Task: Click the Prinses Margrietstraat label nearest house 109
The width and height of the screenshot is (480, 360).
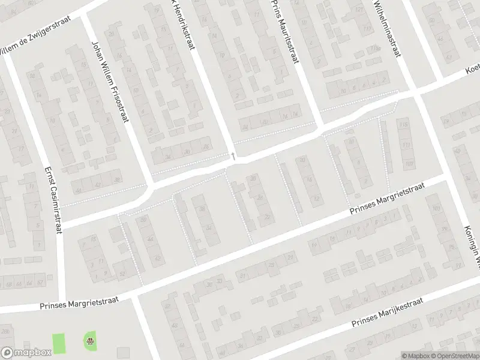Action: click(x=388, y=199)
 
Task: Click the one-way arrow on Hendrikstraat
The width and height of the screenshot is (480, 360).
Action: click(x=233, y=157)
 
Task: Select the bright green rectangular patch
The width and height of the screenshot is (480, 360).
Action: click(x=59, y=343)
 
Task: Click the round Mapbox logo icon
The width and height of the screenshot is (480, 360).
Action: click(x=7, y=353)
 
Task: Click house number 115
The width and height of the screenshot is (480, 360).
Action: click(x=403, y=125)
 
